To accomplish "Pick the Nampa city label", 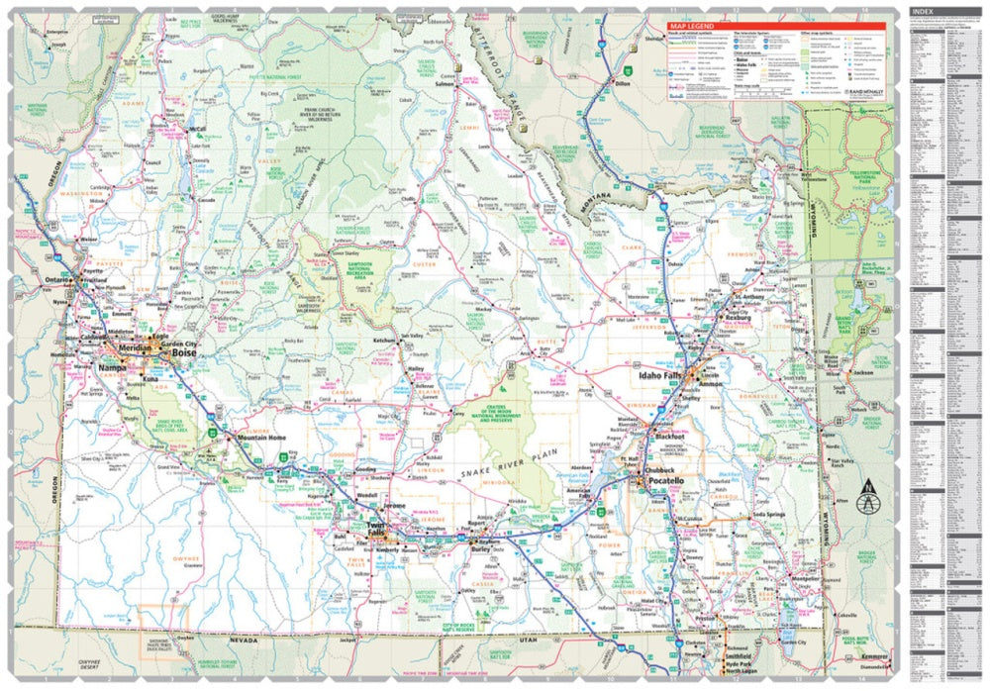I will pyautogui.click(x=113, y=368).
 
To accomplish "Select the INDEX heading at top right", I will pyautogui.click(x=926, y=14).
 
